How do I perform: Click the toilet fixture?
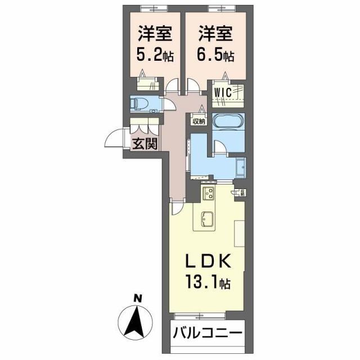[139, 103]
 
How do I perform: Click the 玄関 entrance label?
[144, 143]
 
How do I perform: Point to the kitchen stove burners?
[209, 195]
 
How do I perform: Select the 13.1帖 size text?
[208, 279]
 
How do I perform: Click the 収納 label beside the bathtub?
[199, 120]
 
